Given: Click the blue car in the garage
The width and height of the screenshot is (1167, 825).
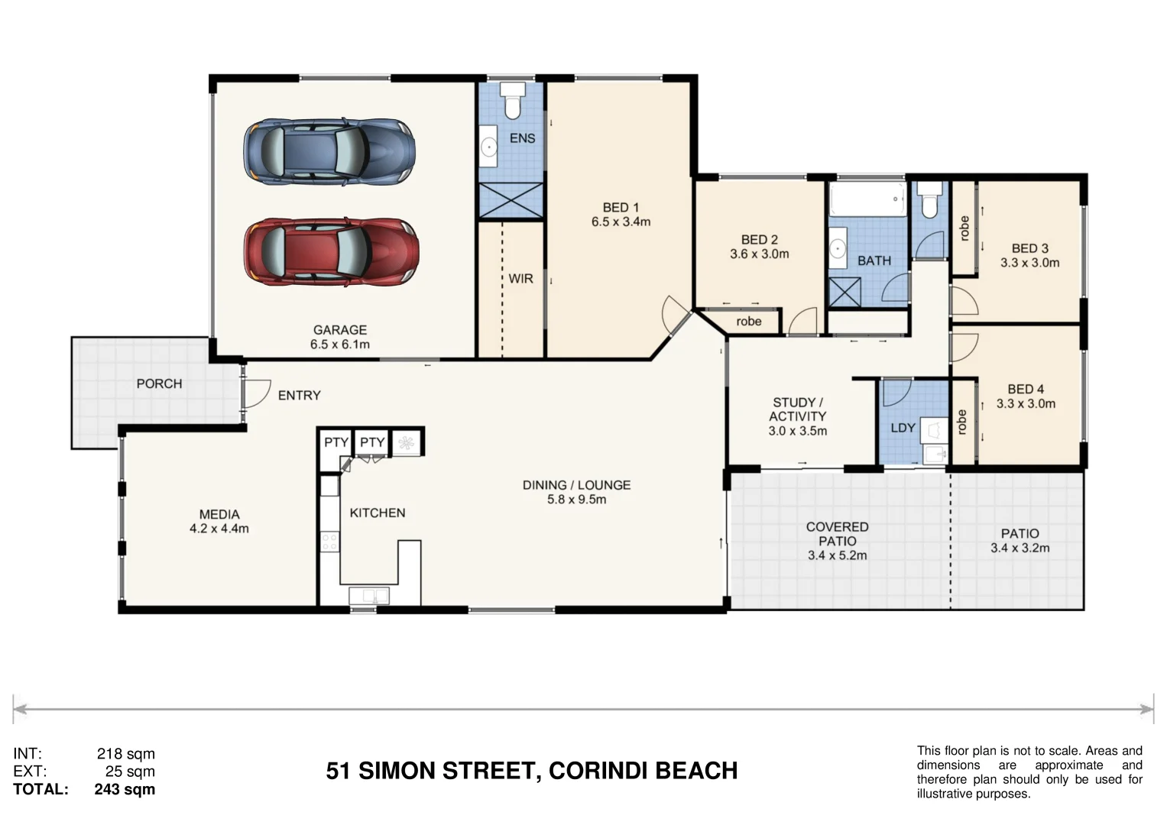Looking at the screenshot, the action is (329, 151).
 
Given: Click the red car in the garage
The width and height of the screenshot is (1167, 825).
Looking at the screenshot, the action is (332, 252).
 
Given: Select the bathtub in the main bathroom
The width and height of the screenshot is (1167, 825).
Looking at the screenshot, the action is (867, 199).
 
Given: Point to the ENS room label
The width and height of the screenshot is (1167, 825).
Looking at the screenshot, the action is (522, 138).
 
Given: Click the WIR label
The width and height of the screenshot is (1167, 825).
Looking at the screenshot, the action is (521, 279).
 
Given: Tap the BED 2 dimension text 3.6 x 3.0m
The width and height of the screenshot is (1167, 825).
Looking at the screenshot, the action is (760, 254).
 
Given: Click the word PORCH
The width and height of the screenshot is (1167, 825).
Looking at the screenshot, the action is (160, 383).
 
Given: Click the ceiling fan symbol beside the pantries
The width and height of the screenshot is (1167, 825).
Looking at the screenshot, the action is (407, 443).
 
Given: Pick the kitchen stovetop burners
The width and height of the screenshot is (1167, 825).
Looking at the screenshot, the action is (329, 542).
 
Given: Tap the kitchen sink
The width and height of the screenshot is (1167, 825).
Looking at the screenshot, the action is (369, 595).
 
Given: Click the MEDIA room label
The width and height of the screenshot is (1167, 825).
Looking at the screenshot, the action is (219, 515).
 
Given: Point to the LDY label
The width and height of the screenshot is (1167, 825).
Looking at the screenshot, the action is (903, 428).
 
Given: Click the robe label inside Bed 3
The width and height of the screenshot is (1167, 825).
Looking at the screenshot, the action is (964, 228).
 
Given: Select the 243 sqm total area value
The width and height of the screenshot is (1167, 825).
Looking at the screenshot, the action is (125, 790).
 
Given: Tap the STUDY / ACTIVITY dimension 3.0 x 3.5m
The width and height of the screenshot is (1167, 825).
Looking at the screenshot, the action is (798, 432).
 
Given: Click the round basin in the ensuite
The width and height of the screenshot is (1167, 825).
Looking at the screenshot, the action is (489, 147).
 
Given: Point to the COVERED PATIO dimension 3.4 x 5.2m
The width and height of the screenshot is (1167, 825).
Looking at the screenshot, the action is (837, 556).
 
